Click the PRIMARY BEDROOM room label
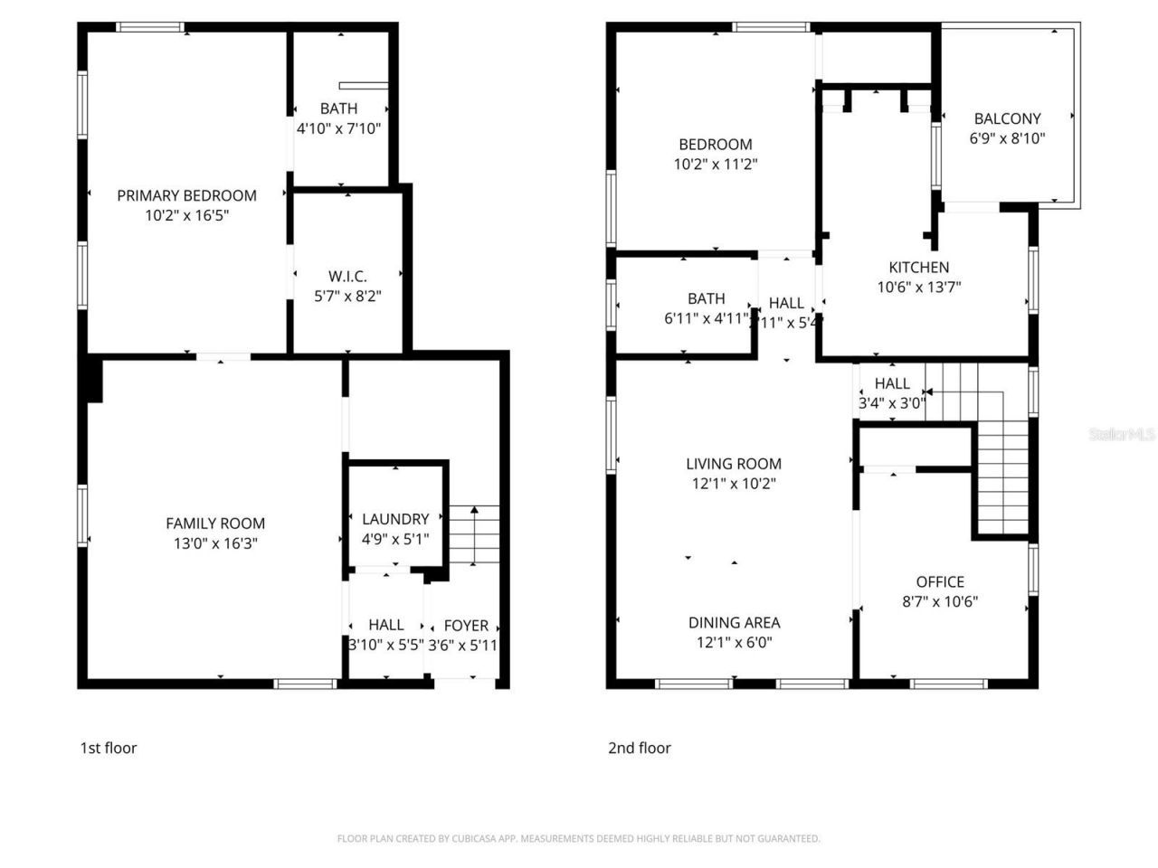click(x=186, y=195)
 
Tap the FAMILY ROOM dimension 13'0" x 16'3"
click(x=215, y=543)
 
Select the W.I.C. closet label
click(x=347, y=277)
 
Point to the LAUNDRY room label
click(x=395, y=519)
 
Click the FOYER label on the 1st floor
click(x=466, y=626)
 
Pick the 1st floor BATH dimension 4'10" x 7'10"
click(x=338, y=128)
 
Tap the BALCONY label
click(x=1007, y=118)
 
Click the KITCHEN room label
click(x=918, y=268)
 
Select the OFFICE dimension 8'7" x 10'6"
click(x=940, y=602)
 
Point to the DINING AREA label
click(x=734, y=623)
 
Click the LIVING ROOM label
click(x=733, y=464)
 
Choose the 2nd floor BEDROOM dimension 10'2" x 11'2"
click(x=715, y=165)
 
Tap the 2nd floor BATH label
click(x=706, y=298)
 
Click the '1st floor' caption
click(x=109, y=748)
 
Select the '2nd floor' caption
click(x=639, y=748)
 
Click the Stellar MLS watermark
click(x=1122, y=434)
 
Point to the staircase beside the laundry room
click(x=475, y=535)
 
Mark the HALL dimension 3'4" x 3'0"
click(x=891, y=403)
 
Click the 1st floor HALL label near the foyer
click(x=386, y=626)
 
